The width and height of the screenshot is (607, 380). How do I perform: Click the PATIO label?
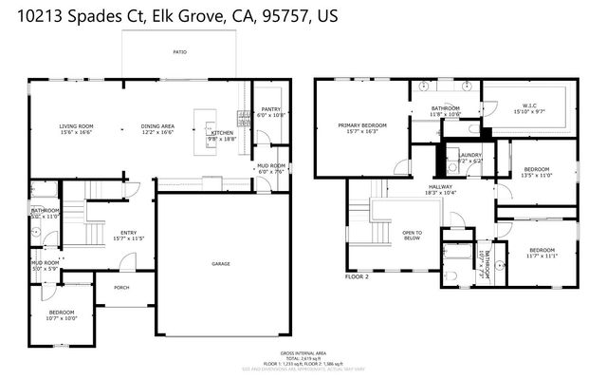click(178, 54)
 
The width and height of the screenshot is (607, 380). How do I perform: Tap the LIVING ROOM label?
click(76, 126)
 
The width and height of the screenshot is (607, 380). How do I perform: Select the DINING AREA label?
click(157, 126)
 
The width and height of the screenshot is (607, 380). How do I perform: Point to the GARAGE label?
click(221, 264)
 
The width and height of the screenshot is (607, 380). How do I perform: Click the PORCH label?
click(121, 287)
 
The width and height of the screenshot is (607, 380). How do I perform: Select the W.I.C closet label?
click(530, 105)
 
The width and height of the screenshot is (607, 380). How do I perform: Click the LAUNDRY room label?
click(470, 155)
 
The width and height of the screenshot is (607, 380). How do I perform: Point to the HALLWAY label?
click(441, 186)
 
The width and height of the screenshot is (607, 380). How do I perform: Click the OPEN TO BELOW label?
click(413, 236)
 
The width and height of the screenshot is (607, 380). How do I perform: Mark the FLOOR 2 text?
click(357, 276)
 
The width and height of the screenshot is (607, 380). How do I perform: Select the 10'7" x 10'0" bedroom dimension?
click(62, 318)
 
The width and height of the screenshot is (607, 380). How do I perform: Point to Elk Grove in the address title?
click(185, 17)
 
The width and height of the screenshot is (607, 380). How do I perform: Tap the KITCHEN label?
click(222, 133)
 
